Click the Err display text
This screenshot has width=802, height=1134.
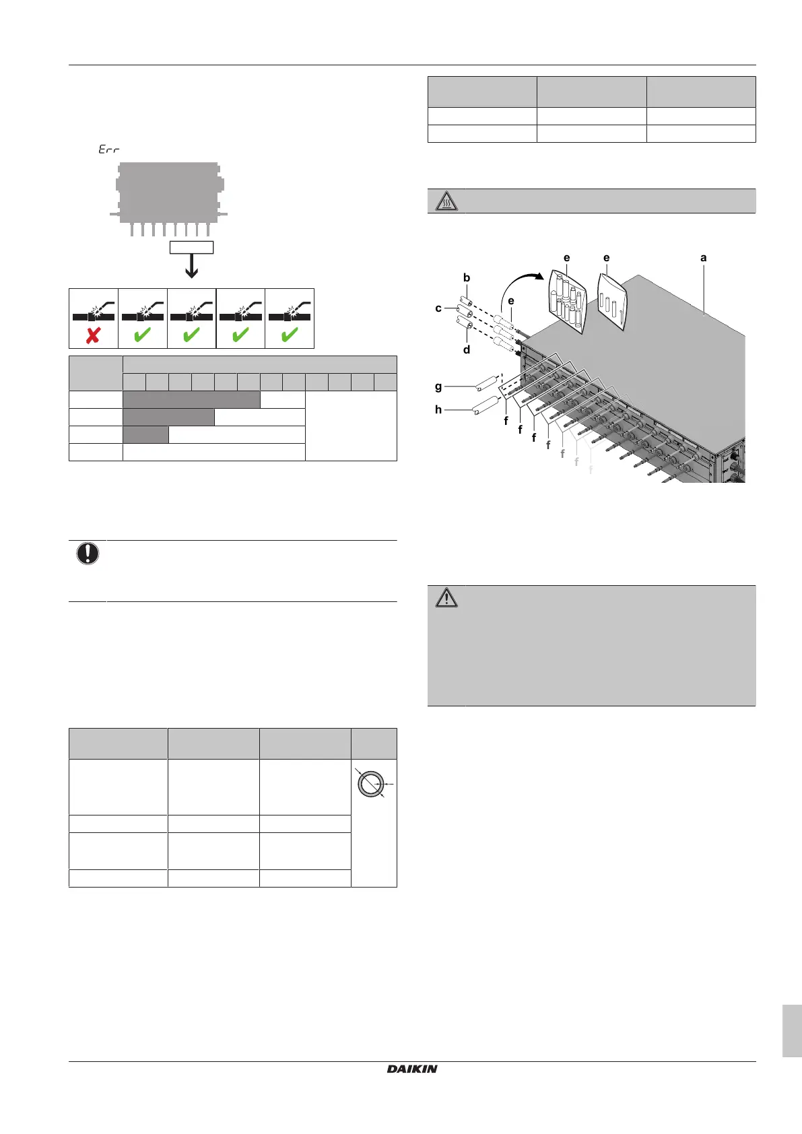pyautogui.click(x=108, y=149)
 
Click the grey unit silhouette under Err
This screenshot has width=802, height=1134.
pyautogui.click(x=169, y=192)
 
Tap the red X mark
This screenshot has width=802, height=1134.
pyautogui.click(x=93, y=335)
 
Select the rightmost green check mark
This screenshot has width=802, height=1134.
pyautogui.click(x=290, y=335)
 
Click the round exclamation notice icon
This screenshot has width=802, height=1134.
pyautogui.click(x=88, y=554)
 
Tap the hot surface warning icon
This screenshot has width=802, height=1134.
pyautogui.click(x=446, y=201)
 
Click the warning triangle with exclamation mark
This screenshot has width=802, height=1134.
pyautogui.click(x=446, y=597)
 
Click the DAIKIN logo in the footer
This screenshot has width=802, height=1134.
pyautogui.click(x=412, y=1069)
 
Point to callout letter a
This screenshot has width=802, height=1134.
pyautogui.click(x=704, y=258)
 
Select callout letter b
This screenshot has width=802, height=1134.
pyautogui.click(x=467, y=277)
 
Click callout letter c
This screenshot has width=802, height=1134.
pyautogui.click(x=438, y=308)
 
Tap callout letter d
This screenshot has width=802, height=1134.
pyautogui.click(x=467, y=349)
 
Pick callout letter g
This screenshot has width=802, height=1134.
pyautogui.click(x=438, y=387)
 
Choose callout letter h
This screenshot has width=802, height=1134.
pyautogui.click(x=438, y=409)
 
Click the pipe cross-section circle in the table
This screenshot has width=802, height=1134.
pyautogui.click(x=371, y=785)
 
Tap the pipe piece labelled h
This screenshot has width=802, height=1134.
pyautogui.click(x=486, y=407)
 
